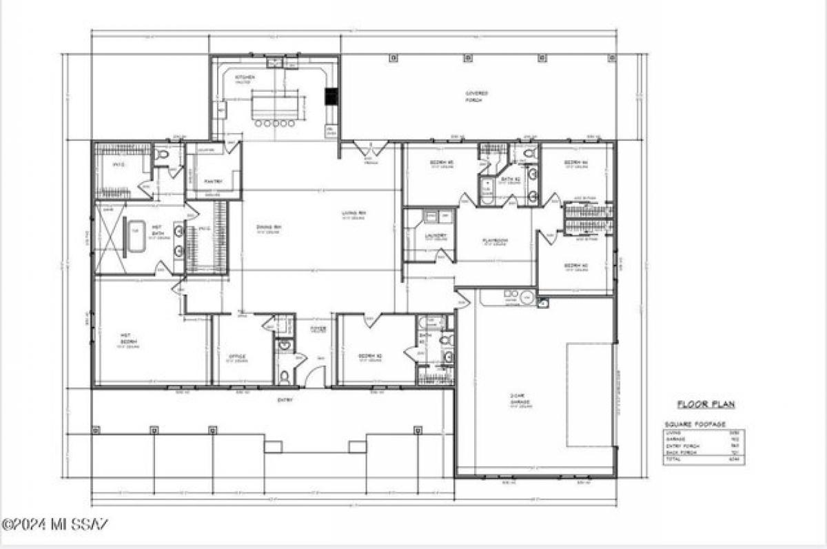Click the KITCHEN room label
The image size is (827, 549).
[245, 77]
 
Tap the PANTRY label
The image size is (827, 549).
[212, 181]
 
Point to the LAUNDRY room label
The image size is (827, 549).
[436, 236]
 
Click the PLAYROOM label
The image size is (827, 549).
[496, 240]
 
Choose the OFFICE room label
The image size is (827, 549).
[237, 357]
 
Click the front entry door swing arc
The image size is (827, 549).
[315, 376]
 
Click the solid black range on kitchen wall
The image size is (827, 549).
[331, 96]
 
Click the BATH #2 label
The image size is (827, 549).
[509, 180]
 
